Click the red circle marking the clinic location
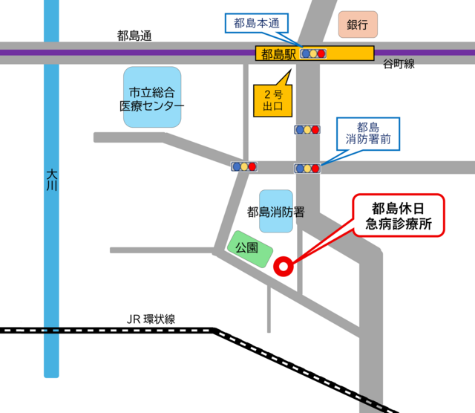tap(283, 266)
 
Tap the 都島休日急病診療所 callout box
tap(398, 215)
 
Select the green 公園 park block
tap(247, 250)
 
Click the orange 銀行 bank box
tap(358, 25)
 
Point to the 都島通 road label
tap(134, 35)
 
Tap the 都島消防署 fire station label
tap(276, 212)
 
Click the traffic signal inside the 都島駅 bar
tap(314, 53)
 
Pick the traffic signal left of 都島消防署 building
tap(244, 167)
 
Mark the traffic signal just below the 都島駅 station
tap(307, 130)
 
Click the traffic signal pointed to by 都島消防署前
tap(307, 169)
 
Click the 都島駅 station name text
tap(277, 53)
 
